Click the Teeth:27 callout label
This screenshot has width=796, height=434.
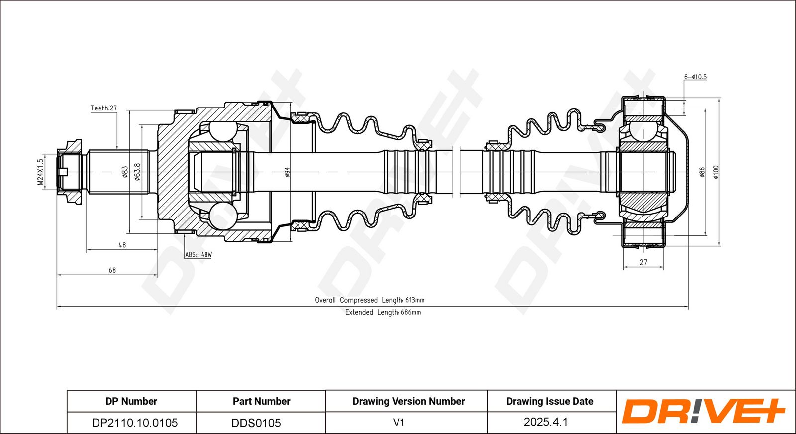tap(103, 108)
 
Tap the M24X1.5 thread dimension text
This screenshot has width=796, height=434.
tap(41, 172)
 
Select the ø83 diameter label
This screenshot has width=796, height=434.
tap(125, 172)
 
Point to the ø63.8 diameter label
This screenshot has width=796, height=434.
tap(137, 172)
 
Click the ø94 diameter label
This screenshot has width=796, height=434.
tap(288, 172)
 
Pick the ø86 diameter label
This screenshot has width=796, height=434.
tap(702, 172)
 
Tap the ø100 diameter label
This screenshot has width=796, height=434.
tap(716, 172)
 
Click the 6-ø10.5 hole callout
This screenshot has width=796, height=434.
tap(696, 77)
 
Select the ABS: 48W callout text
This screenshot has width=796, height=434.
tap(199, 254)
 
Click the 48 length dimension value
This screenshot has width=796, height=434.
tap(122, 245)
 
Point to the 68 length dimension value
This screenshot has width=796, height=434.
tap(112, 270)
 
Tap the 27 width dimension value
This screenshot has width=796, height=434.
tap(643, 262)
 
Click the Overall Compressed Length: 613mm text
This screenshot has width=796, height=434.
tap(370, 300)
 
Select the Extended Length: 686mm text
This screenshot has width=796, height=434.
tap(383, 312)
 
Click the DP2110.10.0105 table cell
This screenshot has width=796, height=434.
tap(135, 423)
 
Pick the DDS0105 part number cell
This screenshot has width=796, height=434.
tap(256, 423)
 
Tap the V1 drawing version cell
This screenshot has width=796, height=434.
tap(398, 422)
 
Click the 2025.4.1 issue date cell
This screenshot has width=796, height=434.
tap(545, 422)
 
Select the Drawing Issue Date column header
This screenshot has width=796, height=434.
tap(550, 401)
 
